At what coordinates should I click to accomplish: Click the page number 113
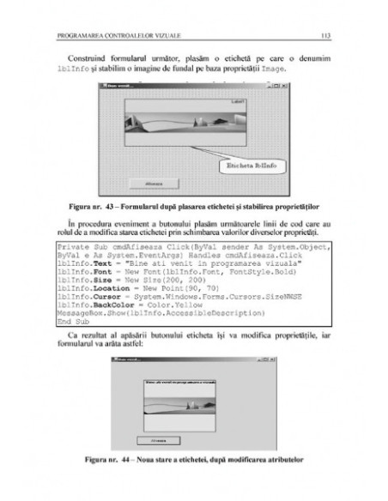tap(324, 35)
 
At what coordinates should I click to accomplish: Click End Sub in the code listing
tap(71, 319)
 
